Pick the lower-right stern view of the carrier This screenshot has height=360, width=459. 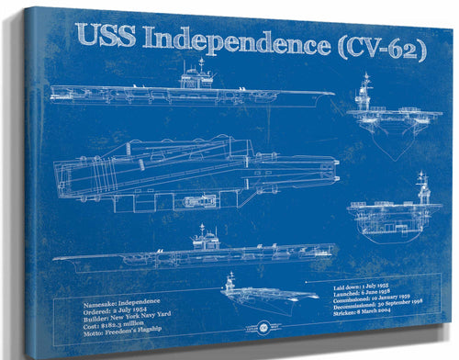coord(395,210)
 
